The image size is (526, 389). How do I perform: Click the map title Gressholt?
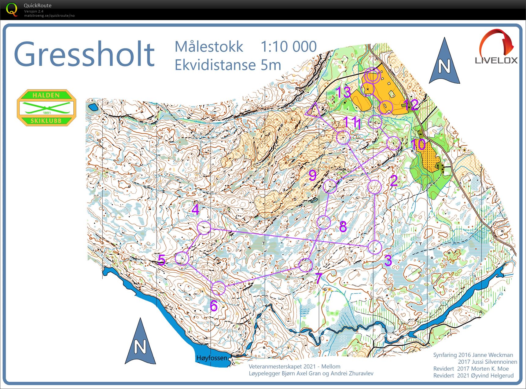[84, 54]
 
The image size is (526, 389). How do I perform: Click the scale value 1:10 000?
[288, 47]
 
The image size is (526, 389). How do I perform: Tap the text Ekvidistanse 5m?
[227, 65]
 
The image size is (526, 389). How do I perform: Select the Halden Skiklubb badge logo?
[46, 107]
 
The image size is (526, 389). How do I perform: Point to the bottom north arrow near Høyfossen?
[140, 342]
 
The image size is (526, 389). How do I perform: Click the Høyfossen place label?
[212, 358]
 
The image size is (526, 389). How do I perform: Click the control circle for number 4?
[204, 228]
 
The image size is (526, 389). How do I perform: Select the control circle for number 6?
[219, 288]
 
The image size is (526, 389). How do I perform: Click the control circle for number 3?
[375, 247]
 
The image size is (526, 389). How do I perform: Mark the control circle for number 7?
[305, 265]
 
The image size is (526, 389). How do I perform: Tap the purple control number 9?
[312, 175]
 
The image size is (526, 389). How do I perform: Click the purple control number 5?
[162, 260]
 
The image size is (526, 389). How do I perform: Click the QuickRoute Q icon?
[12, 9]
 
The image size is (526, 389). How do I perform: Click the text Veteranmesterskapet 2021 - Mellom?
[294, 366]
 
